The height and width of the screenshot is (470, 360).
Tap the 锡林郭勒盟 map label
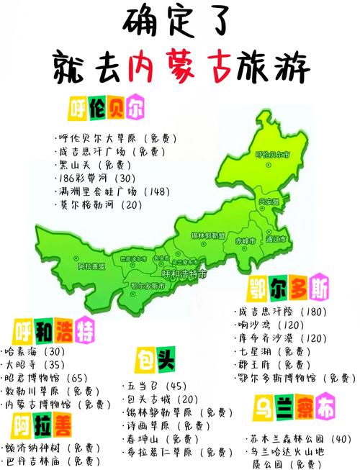click(x=207, y=235)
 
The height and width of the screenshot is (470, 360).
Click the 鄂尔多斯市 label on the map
click(x=148, y=286)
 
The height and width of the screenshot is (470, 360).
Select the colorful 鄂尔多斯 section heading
click(x=289, y=289)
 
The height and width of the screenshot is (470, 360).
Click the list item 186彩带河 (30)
click(x=94, y=177)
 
